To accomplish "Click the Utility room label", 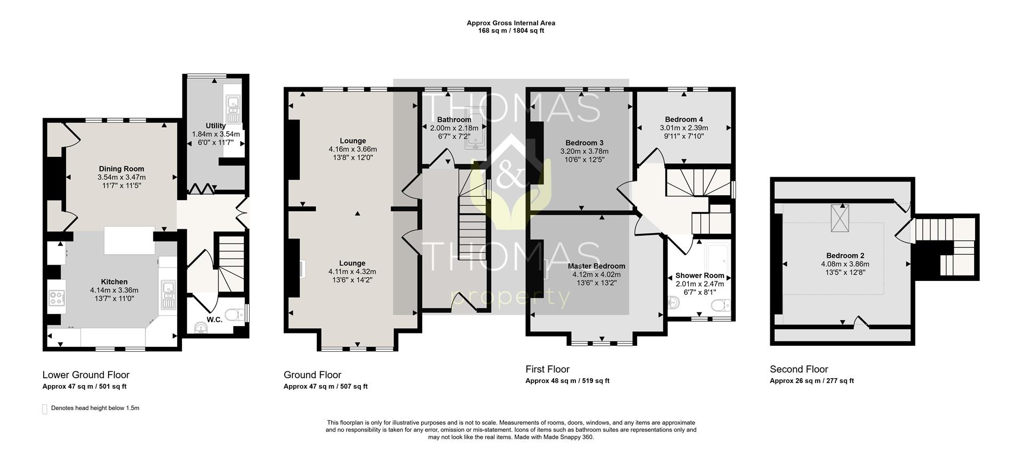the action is (x=216, y=126).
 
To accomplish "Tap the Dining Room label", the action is (x=121, y=169).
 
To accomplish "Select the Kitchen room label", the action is (x=114, y=282).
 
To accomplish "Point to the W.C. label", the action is (x=215, y=320).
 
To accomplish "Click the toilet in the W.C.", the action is (x=235, y=315).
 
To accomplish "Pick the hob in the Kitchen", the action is (x=56, y=297).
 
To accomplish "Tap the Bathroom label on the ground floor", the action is (x=454, y=120).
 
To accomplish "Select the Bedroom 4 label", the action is (x=684, y=120).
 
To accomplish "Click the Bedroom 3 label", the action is (x=584, y=143).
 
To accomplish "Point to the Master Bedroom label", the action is (x=597, y=266).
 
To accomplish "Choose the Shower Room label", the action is (x=700, y=276).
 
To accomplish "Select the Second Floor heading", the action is (x=799, y=369).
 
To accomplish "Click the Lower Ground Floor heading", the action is (x=86, y=375).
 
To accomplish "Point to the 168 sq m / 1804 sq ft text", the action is (x=511, y=31).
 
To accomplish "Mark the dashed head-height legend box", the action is (x=45, y=409).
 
